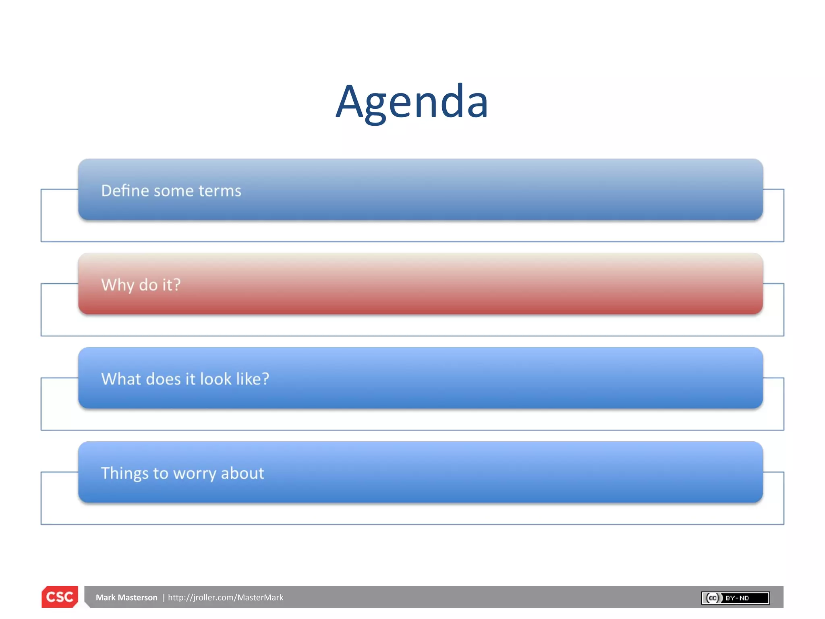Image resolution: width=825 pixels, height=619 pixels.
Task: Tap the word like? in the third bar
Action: coord(253,379)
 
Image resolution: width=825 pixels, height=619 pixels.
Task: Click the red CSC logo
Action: coord(60,597)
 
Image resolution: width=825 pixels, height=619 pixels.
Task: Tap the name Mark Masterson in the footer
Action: coord(126,597)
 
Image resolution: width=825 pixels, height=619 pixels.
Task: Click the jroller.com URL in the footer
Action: coord(225,597)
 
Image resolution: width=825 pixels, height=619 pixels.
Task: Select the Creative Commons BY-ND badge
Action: coord(735,598)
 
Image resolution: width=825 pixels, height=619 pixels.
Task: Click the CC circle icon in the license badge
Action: coord(712,598)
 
